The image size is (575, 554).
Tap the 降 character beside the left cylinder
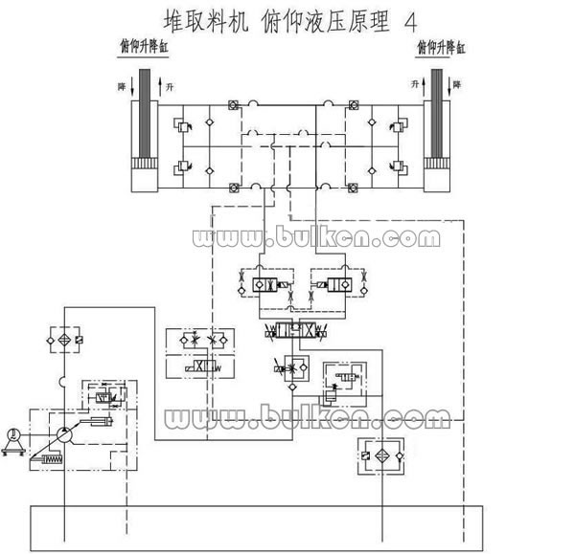[x=122, y=87]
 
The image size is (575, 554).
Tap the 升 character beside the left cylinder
[x=172, y=87]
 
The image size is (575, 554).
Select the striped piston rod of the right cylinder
[x=442, y=114]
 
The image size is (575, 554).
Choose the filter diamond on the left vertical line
[x=63, y=341]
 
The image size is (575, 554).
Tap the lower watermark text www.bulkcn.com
[x=307, y=417]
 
